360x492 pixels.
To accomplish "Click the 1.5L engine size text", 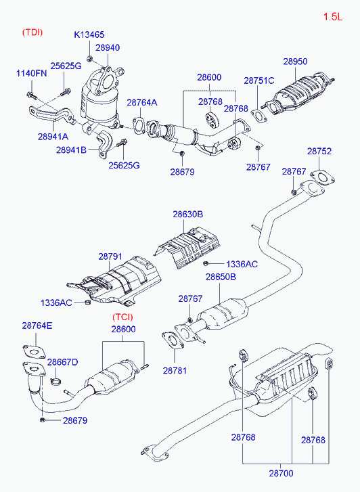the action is tap(333, 16).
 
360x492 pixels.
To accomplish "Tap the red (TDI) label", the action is tap(32, 32).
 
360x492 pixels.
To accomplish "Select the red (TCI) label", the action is tap(122, 317).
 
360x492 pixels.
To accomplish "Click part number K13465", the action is tap(89, 35).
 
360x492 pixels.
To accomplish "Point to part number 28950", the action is tap(295, 61).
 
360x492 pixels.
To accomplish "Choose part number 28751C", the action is tap(259, 81).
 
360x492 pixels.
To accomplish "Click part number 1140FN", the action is tap(31, 73).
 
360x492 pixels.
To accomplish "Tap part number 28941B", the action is tap(71, 150).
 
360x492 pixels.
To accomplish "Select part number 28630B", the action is tap(188, 215).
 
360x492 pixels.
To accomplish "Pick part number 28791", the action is tap(110, 256).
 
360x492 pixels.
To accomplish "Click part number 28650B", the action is tap(221, 277).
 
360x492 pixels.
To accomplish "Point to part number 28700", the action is tap(282, 473).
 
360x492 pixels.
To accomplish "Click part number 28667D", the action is tap(62, 362).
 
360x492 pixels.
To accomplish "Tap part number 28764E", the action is tap(37, 326).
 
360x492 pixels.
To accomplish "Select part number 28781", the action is tap(175, 371).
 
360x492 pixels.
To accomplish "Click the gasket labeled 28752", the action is tap(323, 177).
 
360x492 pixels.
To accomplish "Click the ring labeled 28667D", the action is tap(56, 382).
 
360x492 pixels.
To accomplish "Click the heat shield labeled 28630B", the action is tap(187, 248).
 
